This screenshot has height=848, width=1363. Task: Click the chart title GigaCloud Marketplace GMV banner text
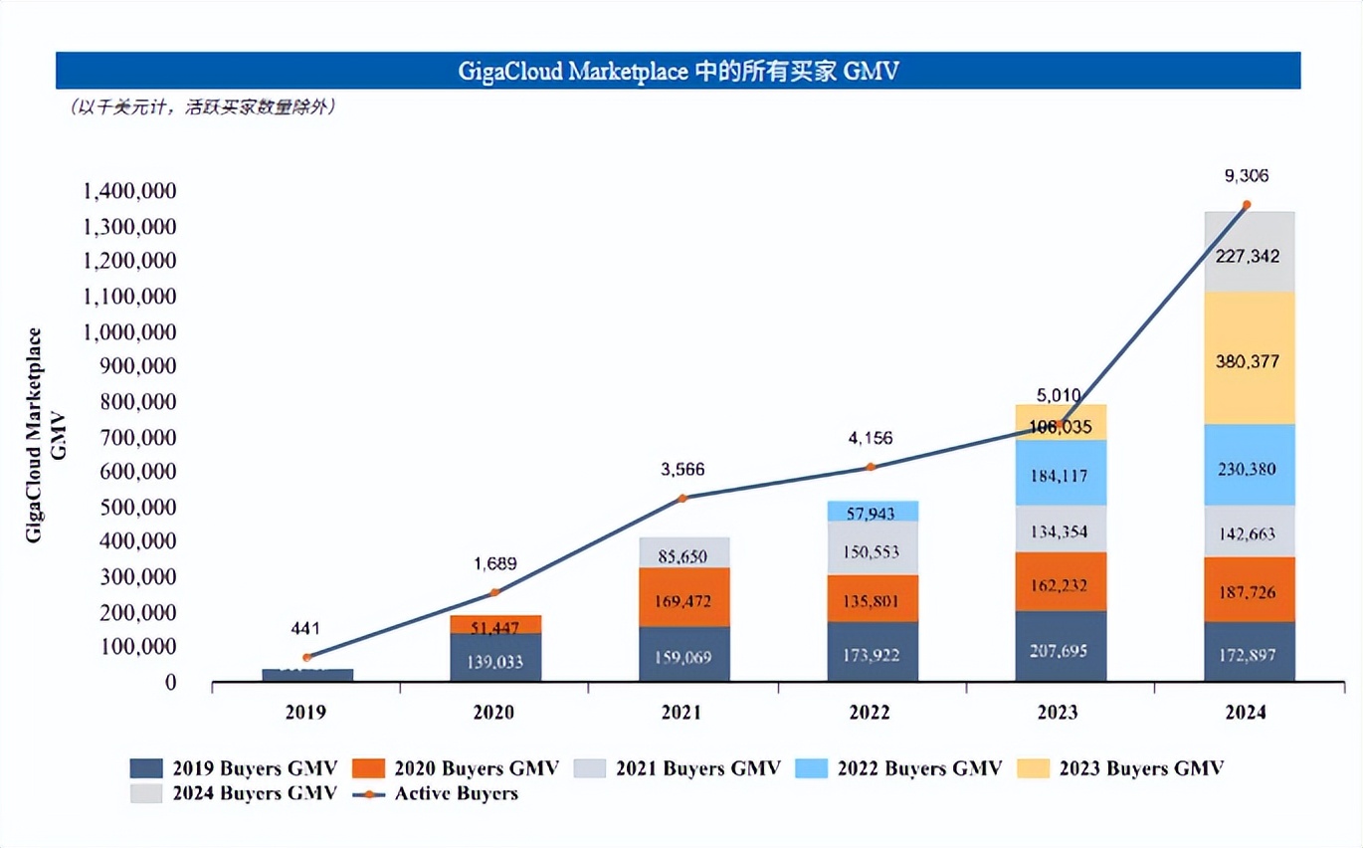pyautogui.click(x=678, y=72)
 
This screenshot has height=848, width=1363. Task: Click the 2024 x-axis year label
pyautogui.click(x=1246, y=713)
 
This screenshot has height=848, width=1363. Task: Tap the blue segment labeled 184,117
pyautogui.click(x=1061, y=473)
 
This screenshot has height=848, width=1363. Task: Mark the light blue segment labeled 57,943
pyautogui.click(x=873, y=512)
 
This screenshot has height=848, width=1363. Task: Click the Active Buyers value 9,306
pyautogui.click(x=1246, y=176)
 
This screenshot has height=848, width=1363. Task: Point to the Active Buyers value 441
pyautogui.click(x=306, y=628)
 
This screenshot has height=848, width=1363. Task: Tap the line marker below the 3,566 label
pyautogui.click(x=682, y=498)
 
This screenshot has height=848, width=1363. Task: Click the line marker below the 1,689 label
pyautogui.click(x=494, y=593)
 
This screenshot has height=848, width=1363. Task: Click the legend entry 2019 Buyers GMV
pyautogui.click(x=235, y=767)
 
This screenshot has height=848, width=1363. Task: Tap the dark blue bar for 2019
pyautogui.click(x=307, y=675)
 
